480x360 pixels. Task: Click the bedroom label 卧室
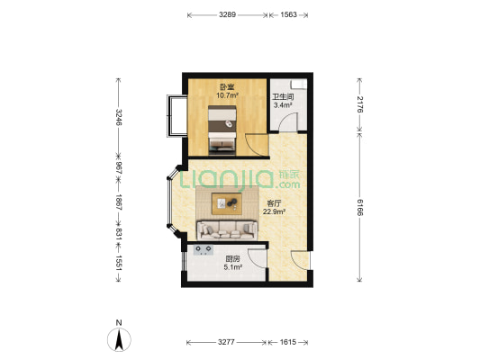click(x=227, y=87)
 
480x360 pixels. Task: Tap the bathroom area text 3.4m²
click(x=283, y=105)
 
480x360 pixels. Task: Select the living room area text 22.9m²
click(x=275, y=211)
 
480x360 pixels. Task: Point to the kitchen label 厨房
click(x=232, y=259)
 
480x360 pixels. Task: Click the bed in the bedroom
click(x=222, y=130)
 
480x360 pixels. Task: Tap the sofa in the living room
click(x=227, y=230)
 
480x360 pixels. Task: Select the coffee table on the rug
click(x=227, y=203)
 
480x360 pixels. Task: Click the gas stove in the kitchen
click(x=204, y=250)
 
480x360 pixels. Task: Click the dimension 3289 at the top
click(x=227, y=14)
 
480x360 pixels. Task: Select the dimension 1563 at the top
click(x=288, y=14)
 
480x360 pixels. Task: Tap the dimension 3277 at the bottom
click(x=226, y=342)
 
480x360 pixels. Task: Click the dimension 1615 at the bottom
click(x=288, y=342)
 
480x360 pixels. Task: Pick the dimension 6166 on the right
click(x=359, y=207)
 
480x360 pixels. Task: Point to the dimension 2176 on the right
click(x=359, y=104)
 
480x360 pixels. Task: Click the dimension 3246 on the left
click(x=119, y=117)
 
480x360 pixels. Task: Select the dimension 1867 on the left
click(x=119, y=202)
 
